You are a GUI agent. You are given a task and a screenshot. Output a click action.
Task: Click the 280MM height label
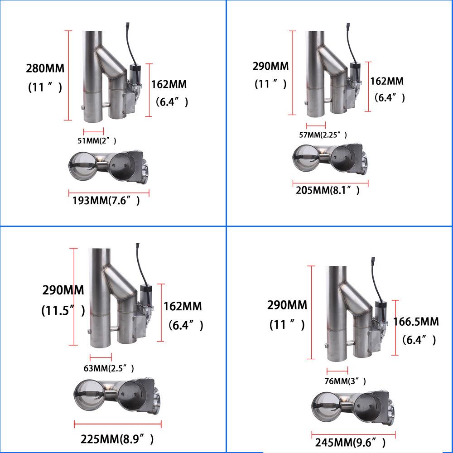point(45,69)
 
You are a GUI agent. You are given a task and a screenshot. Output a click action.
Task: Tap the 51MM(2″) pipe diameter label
point(93,140)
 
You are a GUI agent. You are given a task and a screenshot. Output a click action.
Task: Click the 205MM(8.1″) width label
point(328,190)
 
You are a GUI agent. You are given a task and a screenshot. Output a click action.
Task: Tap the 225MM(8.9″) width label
point(117,439)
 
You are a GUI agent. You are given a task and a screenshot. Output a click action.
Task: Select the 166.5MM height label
point(416,322)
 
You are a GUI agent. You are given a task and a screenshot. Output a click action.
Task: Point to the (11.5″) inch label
point(63,311)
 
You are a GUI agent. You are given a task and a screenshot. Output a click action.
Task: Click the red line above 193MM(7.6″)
point(109,191)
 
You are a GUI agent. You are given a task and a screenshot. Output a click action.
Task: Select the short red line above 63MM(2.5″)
point(101,357)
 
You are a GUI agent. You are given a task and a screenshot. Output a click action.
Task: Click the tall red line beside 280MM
point(68,75)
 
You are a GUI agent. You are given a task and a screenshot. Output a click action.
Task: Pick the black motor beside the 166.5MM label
point(380,309)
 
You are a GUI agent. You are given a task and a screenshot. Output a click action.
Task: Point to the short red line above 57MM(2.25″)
point(316,125)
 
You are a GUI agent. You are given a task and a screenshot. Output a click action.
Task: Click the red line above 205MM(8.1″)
point(330,183)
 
